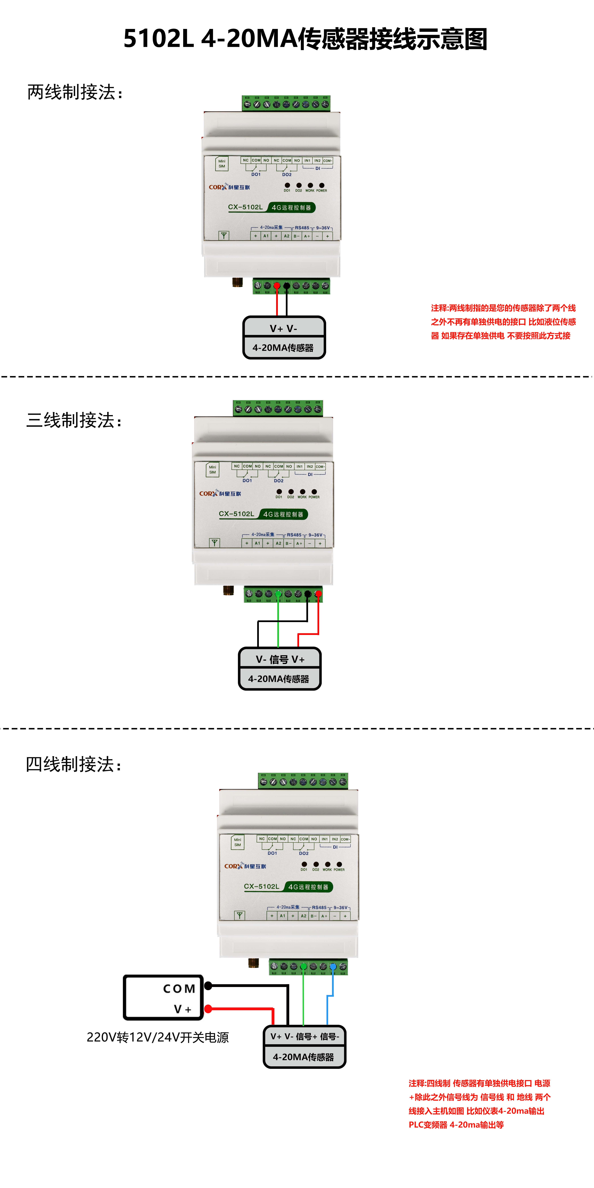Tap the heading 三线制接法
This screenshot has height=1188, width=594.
click(74, 420)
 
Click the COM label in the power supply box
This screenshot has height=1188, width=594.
click(179, 989)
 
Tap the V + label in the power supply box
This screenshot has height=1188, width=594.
click(182, 1009)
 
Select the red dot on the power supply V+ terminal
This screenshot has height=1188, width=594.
click(208, 1009)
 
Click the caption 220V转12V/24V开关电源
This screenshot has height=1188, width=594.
click(158, 1037)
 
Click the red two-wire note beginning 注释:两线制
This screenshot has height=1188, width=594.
click(503, 321)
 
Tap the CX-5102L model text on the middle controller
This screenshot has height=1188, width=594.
click(236, 514)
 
